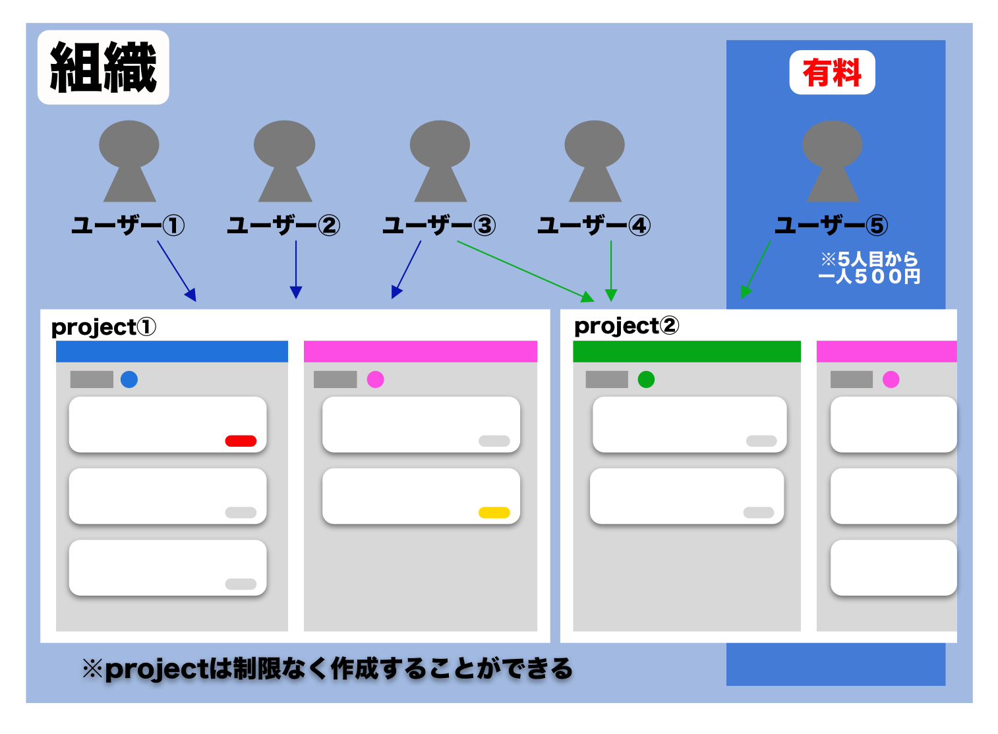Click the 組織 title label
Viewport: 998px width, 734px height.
(103, 67)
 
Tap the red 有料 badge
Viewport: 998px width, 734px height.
(832, 72)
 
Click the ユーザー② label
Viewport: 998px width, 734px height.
(283, 225)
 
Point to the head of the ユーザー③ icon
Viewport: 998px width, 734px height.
(440, 144)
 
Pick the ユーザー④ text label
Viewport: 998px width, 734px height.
(594, 225)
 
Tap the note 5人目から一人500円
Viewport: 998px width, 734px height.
(869, 268)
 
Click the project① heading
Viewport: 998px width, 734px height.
(103, 327)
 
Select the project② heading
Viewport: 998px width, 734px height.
(626, 325)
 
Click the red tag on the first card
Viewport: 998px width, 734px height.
(241, 441)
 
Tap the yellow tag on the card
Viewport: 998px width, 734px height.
(494, 513)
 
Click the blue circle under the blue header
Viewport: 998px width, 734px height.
(129, 380)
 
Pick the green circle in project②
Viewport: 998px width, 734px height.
(646, 380)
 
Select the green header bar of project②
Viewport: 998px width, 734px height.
(686, 351)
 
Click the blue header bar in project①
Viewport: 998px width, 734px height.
(171, 351)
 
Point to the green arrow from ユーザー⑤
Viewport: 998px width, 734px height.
(755, 270)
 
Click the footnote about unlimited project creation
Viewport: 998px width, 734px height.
(328, 669)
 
